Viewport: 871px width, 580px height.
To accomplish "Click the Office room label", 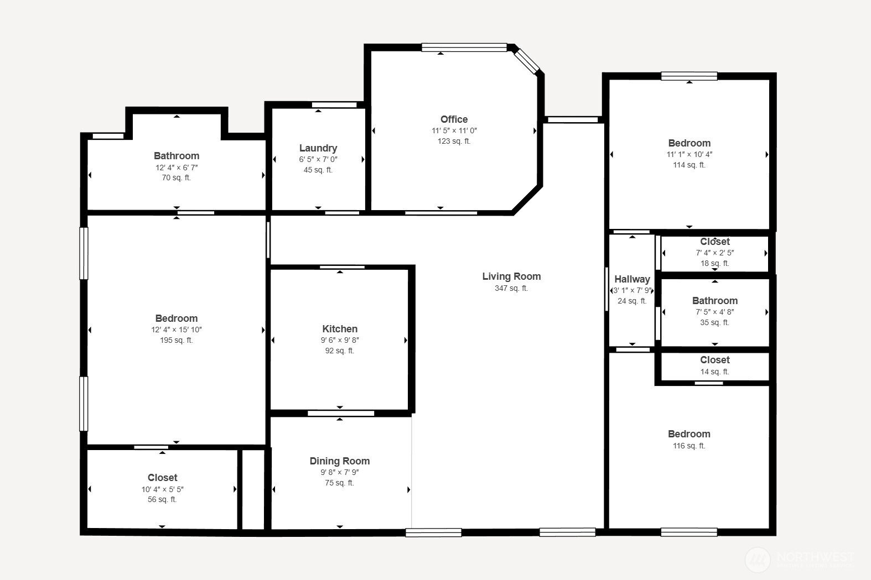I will click(x=454, y=119).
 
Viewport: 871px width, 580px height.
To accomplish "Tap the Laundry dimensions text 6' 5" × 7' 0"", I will click(x=318, y=159).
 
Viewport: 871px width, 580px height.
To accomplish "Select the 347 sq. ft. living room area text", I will click(x=511, y=288).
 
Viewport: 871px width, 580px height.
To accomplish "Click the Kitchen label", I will click(x=340, y=329).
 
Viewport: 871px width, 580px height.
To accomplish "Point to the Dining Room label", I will click(x=339, y=461).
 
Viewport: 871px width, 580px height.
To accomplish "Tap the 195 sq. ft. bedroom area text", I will click(x=177, y=340).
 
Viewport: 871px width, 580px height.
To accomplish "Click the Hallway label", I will click(x=632, y=279).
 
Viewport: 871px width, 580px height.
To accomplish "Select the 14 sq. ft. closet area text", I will click(x=714, y=372).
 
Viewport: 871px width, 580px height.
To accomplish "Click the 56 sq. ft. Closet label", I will click(x=162, y=478).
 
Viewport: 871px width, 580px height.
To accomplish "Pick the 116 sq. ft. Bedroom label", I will click(x=689, y=434).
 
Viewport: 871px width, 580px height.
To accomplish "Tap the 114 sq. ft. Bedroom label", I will click(x=689, y=143).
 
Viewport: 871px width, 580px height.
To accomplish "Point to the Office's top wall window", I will click(x=464, y=48).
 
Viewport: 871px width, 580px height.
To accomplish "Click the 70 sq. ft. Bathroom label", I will click(x=177, y=156).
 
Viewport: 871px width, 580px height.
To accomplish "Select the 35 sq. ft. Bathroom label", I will click(x=714, y=301).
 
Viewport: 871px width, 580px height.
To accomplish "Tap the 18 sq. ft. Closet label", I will click(x=714, y=242).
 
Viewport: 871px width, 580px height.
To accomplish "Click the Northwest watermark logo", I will click(x=758, y=560).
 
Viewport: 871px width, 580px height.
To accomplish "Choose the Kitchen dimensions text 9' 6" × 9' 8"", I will click(x=340, y=341).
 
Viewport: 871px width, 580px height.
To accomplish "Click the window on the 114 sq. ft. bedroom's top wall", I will click(x=689, y=76).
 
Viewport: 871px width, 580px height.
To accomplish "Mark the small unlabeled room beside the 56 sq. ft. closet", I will click(x=253, y=489).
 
